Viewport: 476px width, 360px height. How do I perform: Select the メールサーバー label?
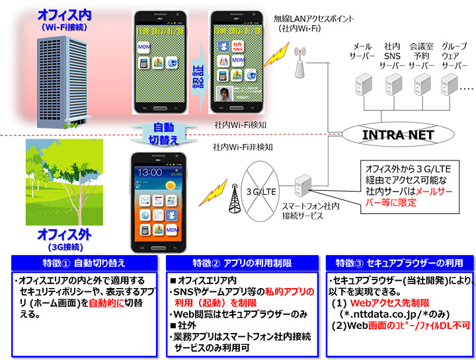pyautogui.click(x=362, y=52)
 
